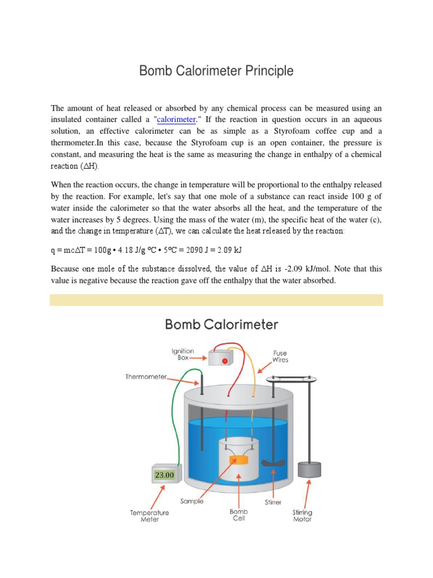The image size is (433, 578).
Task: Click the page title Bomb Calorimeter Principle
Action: [216, 71]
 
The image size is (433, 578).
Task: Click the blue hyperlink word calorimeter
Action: [176, 120]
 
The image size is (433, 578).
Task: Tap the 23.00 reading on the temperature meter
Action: [164, 475]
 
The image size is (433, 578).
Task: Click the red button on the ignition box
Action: [224, 360]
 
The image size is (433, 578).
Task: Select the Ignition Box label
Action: [183, 354]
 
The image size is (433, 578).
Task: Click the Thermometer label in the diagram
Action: [146, 377]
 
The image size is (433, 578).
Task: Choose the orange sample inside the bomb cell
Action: [239, 460]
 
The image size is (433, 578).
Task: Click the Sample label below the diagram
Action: [192, 501]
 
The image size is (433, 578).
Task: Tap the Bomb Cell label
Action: [238, 515]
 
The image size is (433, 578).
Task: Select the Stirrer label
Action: [273, 501]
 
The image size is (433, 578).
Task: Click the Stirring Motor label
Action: [302, 515]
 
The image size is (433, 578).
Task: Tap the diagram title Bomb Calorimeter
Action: [221, 325]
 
